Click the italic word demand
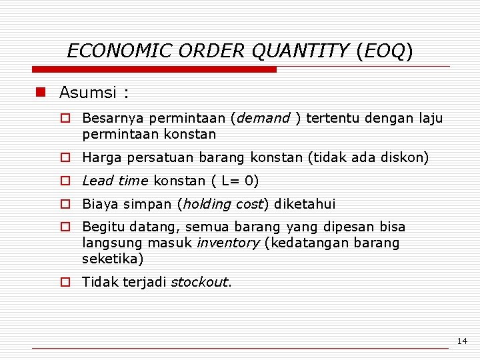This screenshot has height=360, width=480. tap(263, 119)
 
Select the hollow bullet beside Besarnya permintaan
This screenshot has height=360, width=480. tap(65, 119)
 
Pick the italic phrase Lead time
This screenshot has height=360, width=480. tap(115, 181)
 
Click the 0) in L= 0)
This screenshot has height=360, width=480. tap(251, 181)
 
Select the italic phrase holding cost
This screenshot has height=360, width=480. tap(223, 205)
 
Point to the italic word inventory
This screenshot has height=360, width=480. tap(228, 243)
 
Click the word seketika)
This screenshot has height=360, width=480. tap(113, 259)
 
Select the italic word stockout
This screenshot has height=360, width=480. tap(200, 283)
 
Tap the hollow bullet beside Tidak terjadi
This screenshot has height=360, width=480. tap(65, 282)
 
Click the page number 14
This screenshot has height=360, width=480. tap(462, 341)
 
